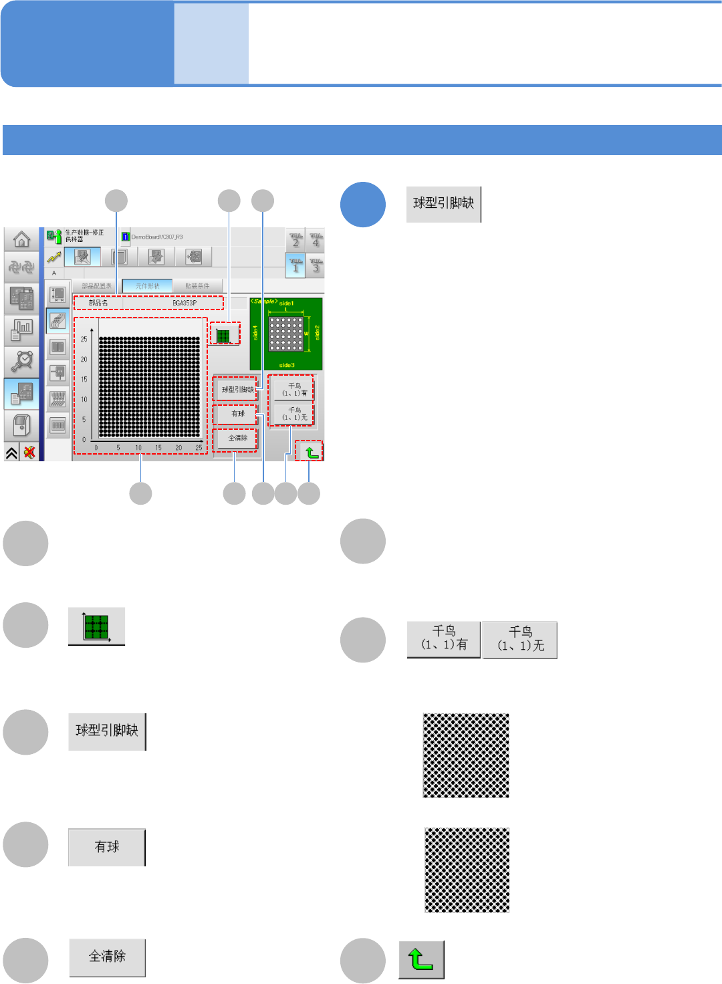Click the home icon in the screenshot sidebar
tap(21, 239)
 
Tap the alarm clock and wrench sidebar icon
tap(22, 361)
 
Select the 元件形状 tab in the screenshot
tap(148, 286)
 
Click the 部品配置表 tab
tap(96, 286)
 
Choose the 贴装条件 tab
tap(197, 286)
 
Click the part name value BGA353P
tap(185, 303)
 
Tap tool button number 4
tap(316, 240)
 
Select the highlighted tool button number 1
tap(295, 265)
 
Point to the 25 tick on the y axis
tap(84, 339)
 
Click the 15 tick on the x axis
tap(158, 448)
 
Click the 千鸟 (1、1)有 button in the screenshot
tap(294, 390)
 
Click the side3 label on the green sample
tap(287, 366)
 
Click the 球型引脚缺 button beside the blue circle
tap(443, 204)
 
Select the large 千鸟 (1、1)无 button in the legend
tap(520, 640)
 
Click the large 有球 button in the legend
tap(107, 847)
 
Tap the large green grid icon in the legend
tap(96, 626)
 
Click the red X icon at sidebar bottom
tap(29, 453)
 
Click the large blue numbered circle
tap(363, 205)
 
